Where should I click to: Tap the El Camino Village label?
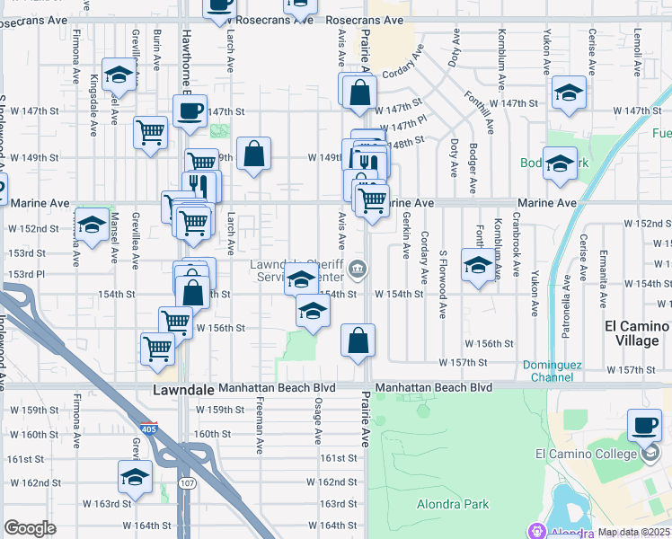(x=637, y=333)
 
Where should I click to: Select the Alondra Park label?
(x=453, y=504)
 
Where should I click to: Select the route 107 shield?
(x=187, y=483)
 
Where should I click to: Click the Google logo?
(x=30, y=528)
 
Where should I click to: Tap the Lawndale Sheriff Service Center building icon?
(x=358, y=269)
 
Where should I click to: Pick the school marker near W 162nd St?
(x=135, y=475)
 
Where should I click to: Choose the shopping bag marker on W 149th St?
(x=254, y=152)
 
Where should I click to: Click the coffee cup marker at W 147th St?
(x=190, y=110)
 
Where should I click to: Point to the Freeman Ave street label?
(x=259, y=432)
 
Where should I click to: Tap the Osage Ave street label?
(x=318, y=422)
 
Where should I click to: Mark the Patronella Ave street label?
(x=566, y=296)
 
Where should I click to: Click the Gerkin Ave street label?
(x=406, y=232)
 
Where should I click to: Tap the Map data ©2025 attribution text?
(x=634, y=532)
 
